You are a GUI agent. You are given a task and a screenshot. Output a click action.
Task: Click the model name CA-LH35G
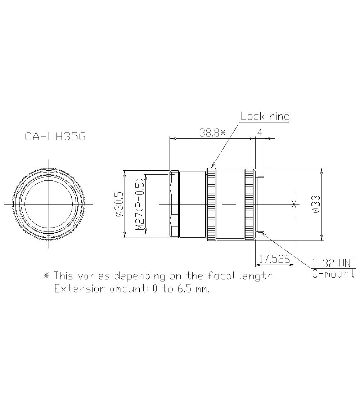[x=55, y=137]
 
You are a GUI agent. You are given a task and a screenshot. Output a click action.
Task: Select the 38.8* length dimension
[x=212, y=133]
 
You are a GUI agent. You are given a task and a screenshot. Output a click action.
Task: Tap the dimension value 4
[x=260, y=133]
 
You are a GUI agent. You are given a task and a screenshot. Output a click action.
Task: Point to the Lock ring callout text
[x=265, y=116]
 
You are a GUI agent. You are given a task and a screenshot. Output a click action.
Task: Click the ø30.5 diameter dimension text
[x=119, y=204]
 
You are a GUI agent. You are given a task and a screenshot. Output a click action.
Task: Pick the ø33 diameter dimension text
[x=316, y=204]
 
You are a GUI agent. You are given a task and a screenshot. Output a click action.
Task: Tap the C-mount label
[x=333, y=274]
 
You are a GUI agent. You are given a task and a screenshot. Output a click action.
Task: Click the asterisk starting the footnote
[x=46, y=276]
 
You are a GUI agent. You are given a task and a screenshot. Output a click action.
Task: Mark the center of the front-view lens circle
[x=49, y=204]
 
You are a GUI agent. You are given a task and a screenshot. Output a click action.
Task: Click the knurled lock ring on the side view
[x=211, y=204]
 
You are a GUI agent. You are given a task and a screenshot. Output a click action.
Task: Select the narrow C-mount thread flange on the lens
[x=261, y=204]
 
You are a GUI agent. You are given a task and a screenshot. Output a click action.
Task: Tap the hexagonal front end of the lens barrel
[x=174, y=204]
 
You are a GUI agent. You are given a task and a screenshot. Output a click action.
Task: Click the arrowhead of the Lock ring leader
[x=210, y=166]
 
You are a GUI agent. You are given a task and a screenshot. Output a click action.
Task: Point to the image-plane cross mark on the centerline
[x=294, y=204]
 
